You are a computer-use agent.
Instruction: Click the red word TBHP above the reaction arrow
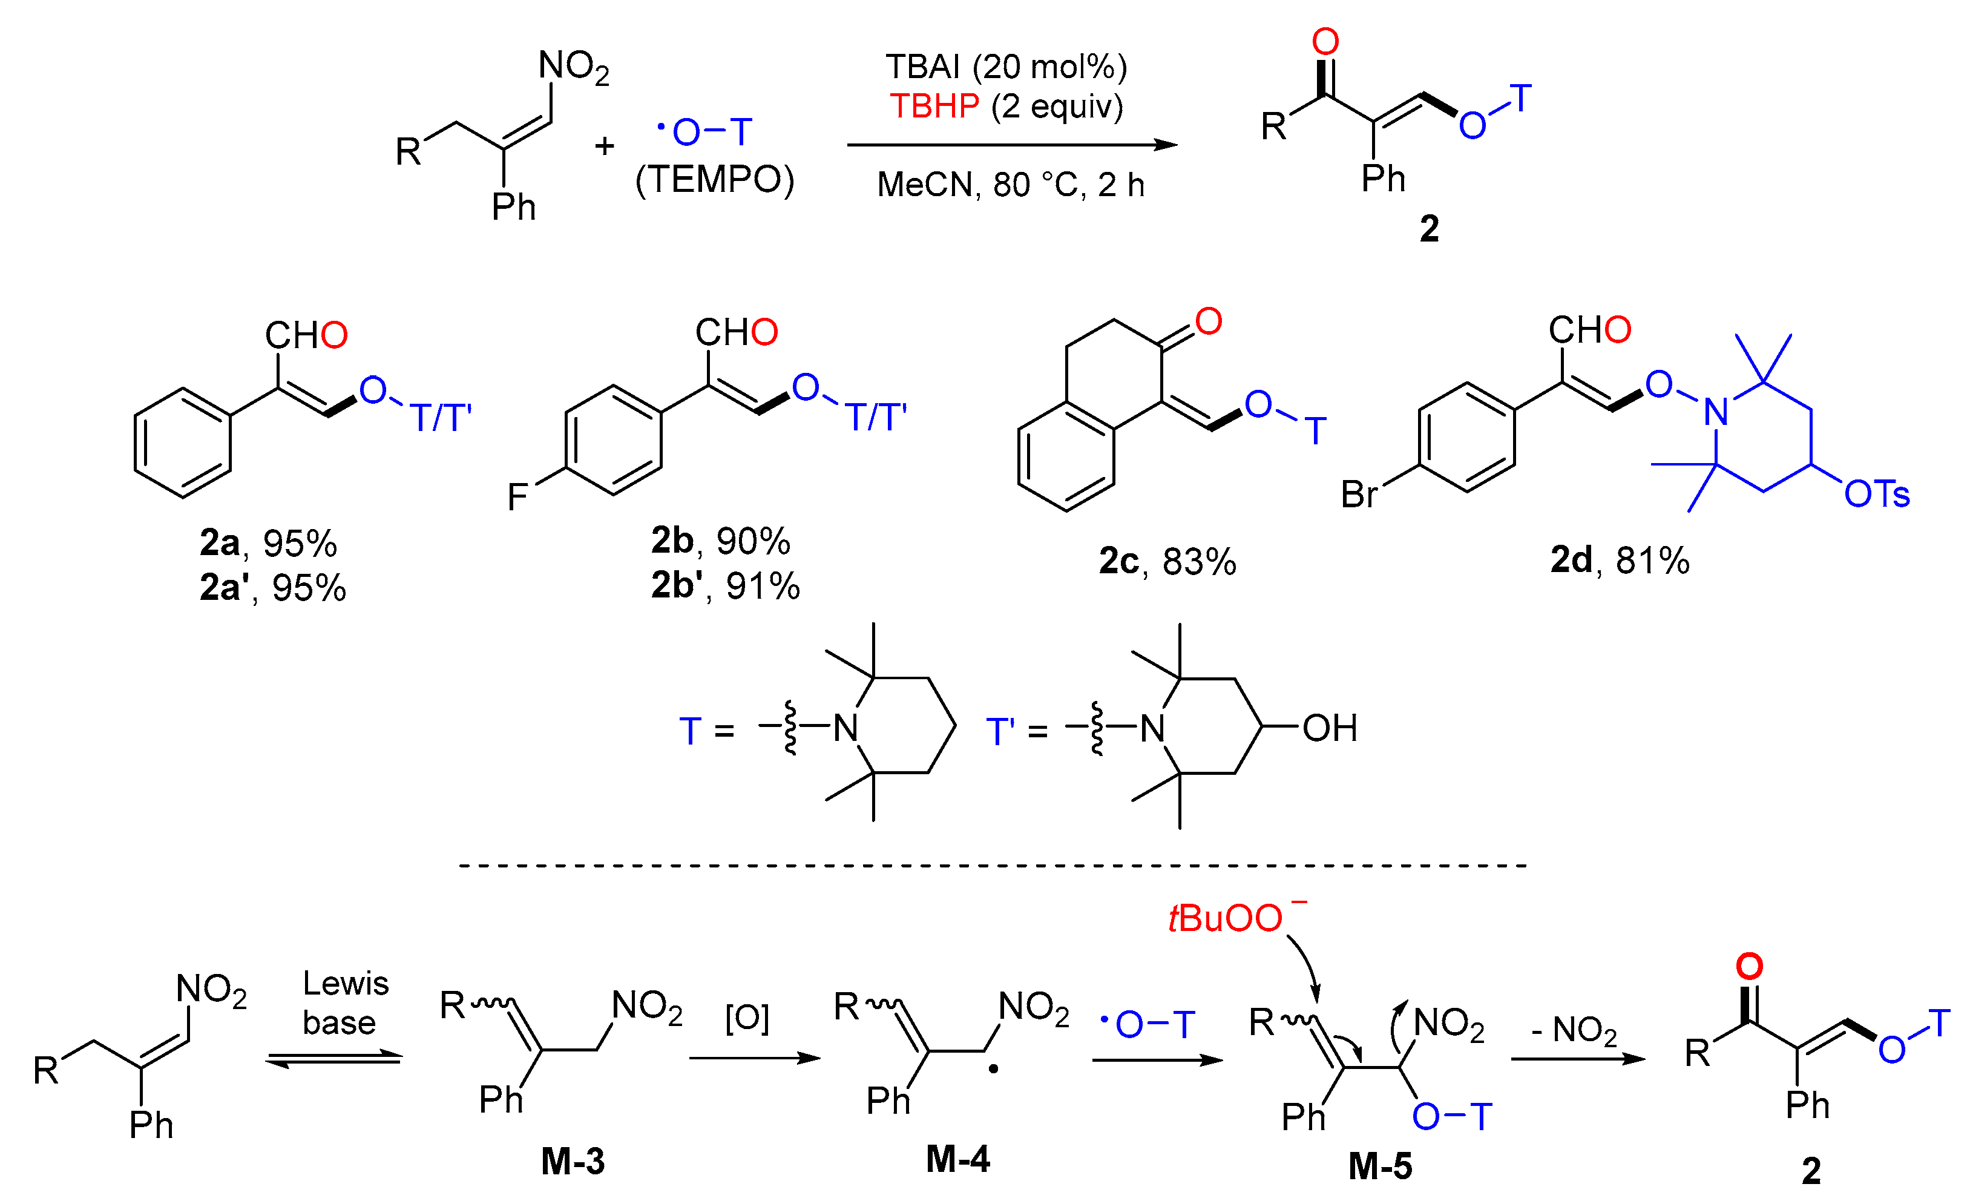(x=934, y=107)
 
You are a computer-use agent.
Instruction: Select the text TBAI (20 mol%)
(x=1006, y=67)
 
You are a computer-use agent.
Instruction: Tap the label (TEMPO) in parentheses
(x=714, y=180)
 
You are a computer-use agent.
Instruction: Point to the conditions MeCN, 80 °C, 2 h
(x=1011, y=185)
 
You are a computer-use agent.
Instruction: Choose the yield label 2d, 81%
(x=1620, y=560)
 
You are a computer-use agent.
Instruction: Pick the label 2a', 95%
(x=272, y=588)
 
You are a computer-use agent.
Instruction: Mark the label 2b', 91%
(x=725, y=585)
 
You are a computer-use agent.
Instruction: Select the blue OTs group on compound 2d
(x=1876, y=494)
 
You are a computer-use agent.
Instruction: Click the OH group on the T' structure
(x=1330, y=728)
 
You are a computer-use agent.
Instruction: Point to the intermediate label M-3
(x=573, y=1161)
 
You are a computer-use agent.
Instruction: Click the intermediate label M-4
(x=958, y=1159)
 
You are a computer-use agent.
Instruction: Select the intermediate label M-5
(x=1380, y=1166)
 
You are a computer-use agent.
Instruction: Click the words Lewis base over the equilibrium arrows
(x=344, y=1004)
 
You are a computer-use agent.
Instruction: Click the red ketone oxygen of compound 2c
(x=1208, y=321)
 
